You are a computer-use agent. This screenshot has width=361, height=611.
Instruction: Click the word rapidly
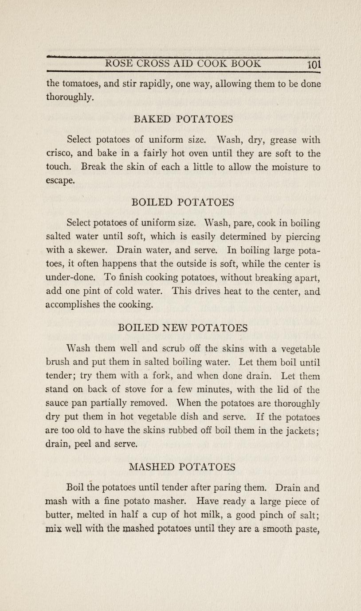(148, 84)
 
